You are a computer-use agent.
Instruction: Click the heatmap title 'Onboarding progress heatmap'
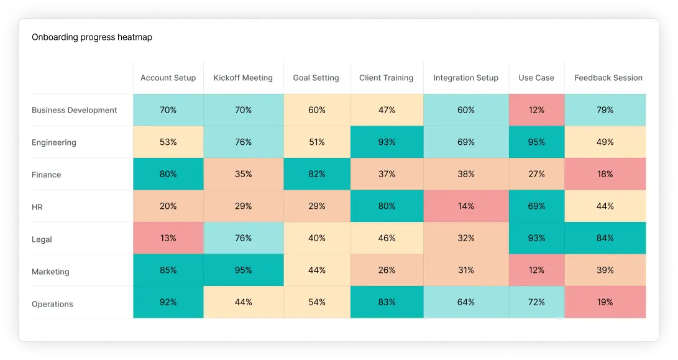click(92, 37)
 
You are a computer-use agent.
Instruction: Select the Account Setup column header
click(168, 78)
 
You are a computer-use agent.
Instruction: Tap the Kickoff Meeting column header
click(243, 78)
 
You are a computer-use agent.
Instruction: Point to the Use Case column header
click(536, 78)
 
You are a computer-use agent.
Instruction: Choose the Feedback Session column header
click(608, 78)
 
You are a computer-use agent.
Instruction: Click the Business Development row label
click(75, 110)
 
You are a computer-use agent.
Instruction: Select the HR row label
click(37, 207)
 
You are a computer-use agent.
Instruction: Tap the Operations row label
click(52, 304)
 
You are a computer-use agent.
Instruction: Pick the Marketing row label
click(50, 272)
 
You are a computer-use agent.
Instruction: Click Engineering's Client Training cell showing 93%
click(387, 142)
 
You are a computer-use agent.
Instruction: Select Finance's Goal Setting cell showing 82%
click(317, 174)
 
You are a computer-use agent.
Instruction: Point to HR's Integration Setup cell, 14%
click(466, 206)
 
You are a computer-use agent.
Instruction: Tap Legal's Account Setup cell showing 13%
click(168, 238)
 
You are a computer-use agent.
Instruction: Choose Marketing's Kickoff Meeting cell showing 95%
click(244, 270)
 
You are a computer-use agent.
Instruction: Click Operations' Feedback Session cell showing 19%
click(605, 302)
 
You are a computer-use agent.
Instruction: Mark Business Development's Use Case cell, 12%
click(536, 110)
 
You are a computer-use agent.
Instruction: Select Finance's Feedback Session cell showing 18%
click(605, 174)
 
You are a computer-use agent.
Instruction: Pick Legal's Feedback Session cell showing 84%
click(605, 238)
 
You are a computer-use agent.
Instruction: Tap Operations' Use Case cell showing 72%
click(536, 302)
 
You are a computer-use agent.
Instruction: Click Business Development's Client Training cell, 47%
click(387, 110)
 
